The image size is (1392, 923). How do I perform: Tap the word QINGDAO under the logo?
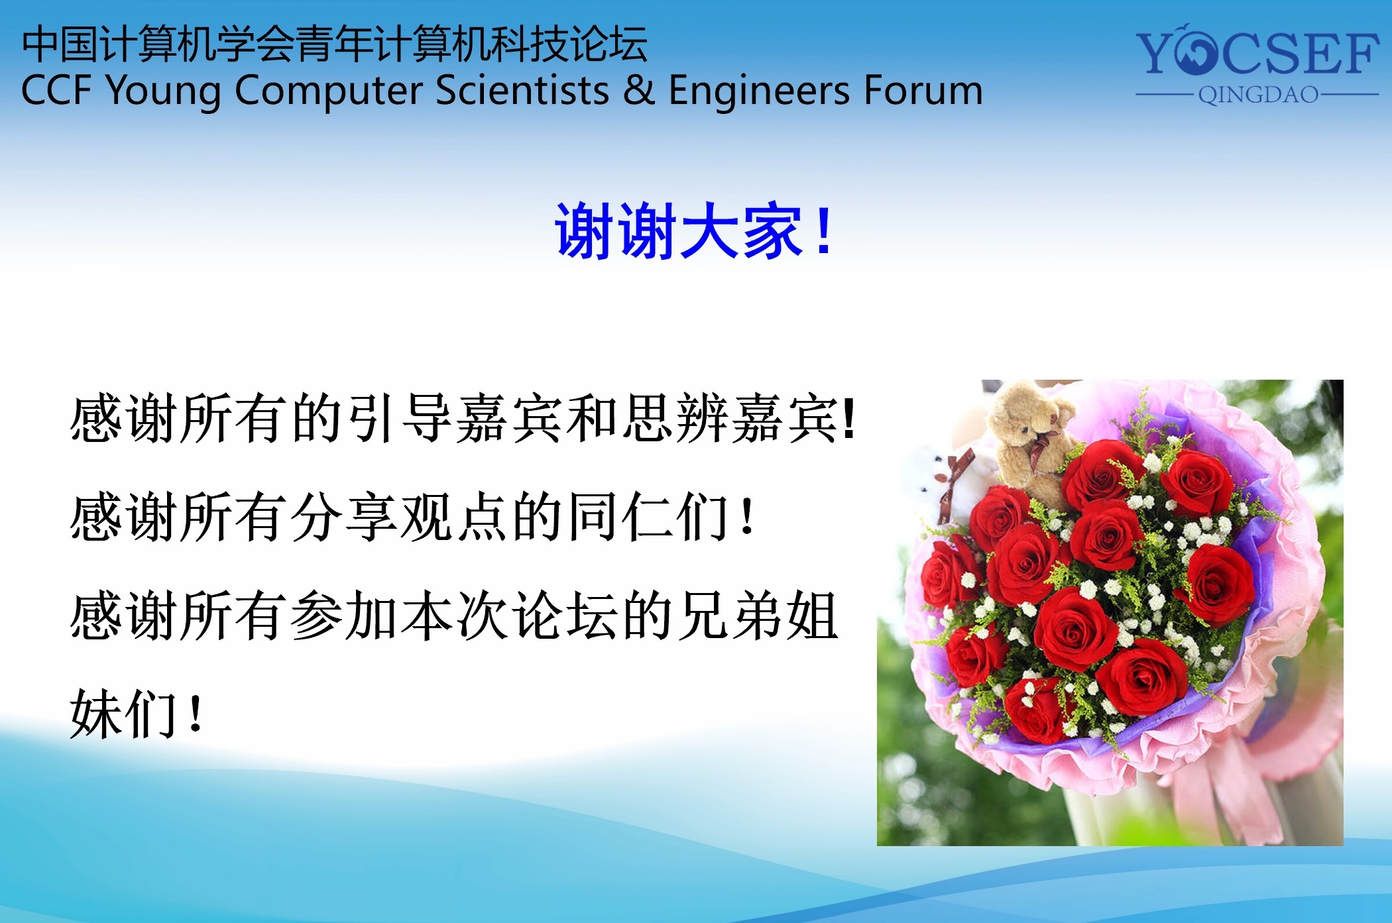tap(1258, 95)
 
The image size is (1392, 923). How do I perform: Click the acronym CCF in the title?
tap(56, 90)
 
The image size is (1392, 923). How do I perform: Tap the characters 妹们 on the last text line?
tap(123, 714)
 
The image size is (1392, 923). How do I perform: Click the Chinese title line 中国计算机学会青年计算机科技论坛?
tap(335, 44)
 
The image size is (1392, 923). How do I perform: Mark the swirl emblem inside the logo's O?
tap(1196, 52)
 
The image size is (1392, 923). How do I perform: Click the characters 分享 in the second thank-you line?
tap(345, 517)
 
